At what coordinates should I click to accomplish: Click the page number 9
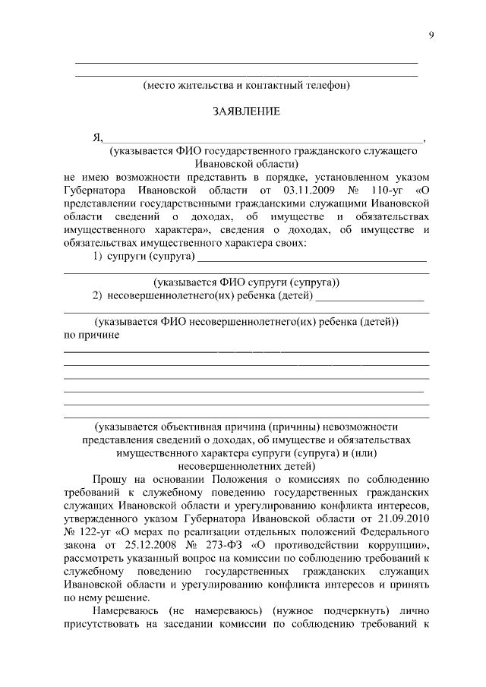431,35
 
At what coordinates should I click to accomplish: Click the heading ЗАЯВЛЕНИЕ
245,112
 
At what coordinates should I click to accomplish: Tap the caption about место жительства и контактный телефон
247,86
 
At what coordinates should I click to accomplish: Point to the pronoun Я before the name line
96,138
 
